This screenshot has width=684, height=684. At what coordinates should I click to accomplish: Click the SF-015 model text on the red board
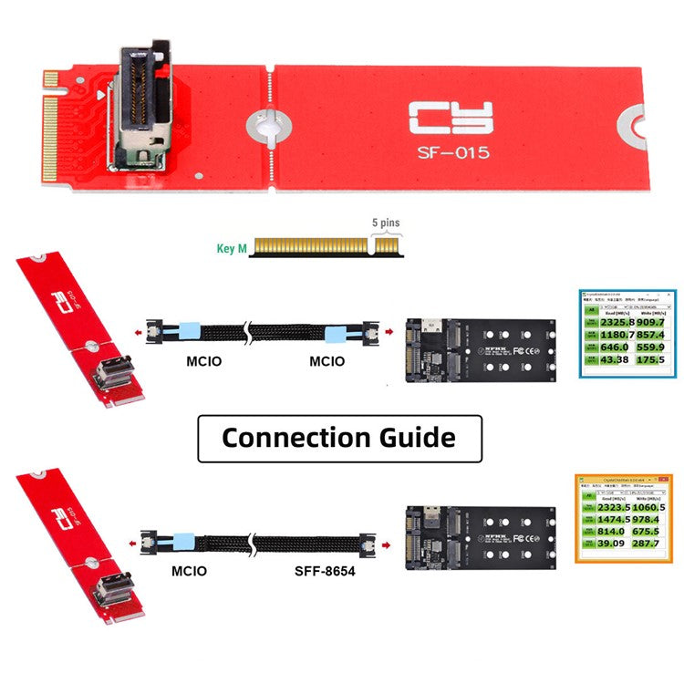pos(451,153)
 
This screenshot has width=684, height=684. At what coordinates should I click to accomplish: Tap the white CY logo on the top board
pos(451,119)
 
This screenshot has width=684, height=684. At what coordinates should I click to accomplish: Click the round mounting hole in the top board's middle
pos(268,125)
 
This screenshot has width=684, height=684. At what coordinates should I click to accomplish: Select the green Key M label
pos(231,247)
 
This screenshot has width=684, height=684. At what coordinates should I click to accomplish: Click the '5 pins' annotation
pos(386,223)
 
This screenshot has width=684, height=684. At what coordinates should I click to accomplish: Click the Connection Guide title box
pos(339,438)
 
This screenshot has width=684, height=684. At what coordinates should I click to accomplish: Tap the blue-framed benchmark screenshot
pos(628,334)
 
